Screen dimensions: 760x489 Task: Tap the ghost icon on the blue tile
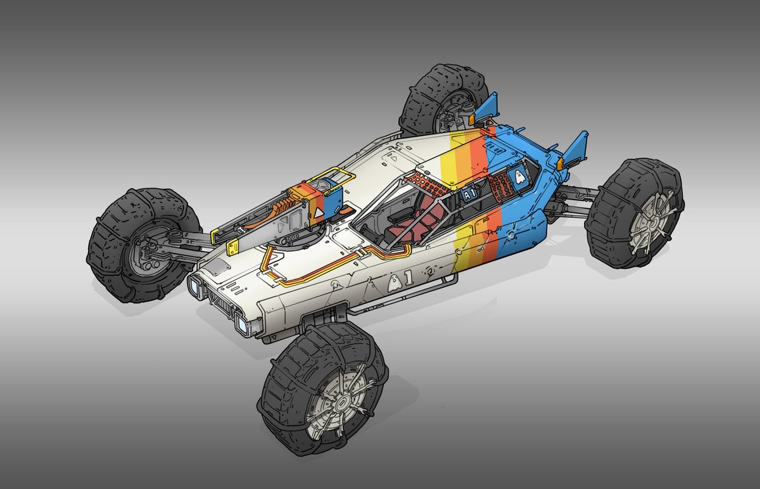(519, 177)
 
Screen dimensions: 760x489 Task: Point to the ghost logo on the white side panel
(394, 283)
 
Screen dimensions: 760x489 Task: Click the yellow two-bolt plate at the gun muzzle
(233, 247)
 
